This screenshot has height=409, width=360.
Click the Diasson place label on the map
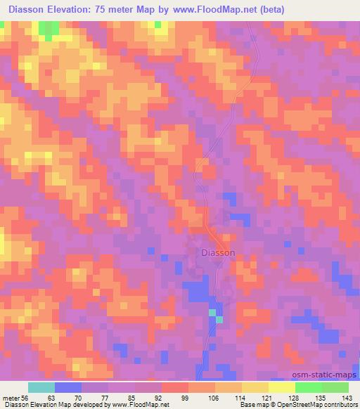[218, 253]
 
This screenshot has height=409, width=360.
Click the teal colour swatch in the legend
[41, 387]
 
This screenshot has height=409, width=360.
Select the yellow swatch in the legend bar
[281, 387]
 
